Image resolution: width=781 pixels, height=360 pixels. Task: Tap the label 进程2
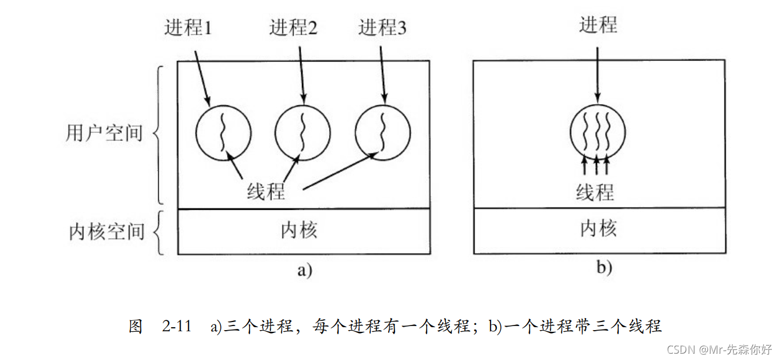(x=293, y=28)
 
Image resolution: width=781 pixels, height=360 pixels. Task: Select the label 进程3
(x=382, y=28)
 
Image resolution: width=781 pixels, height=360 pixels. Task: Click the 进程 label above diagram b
(x=598, y=25)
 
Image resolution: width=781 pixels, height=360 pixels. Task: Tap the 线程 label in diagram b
(x=595, y=192)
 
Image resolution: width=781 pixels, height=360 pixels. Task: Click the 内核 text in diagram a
(x=299, y=231)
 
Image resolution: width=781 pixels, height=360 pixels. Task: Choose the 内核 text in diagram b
(x=598, y=229)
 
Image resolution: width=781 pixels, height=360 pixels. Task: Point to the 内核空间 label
(x=106, y=231)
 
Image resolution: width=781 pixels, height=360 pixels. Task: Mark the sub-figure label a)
(x=304, y=270)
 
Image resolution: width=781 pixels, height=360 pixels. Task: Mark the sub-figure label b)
(x=604, y=268)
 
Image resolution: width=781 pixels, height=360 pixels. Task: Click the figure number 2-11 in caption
(x=177, y=327)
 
